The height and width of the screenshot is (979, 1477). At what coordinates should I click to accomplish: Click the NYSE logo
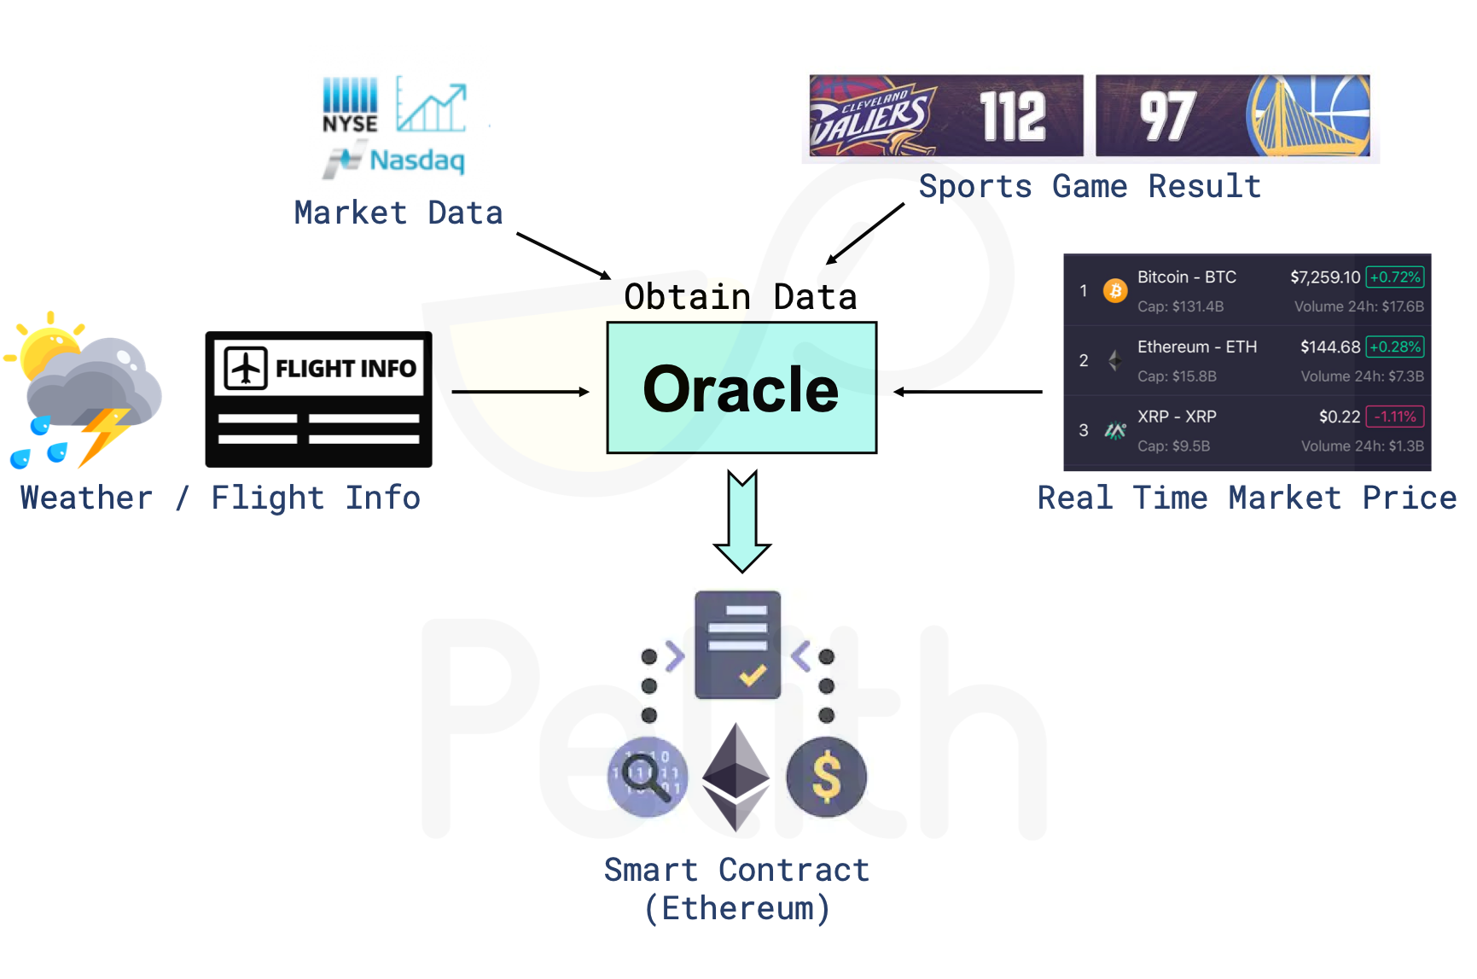[x=350, y=105]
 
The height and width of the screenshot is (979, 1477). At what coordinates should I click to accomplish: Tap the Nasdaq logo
[x=395, y=160]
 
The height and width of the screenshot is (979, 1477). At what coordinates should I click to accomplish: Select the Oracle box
[x=741, y=388]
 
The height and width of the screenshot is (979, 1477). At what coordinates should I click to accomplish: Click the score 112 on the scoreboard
[x=1012, y=116]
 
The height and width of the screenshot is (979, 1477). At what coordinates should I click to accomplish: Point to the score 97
[x=1167, y=116]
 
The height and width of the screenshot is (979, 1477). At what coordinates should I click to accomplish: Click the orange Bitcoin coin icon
[x=1114, y=291]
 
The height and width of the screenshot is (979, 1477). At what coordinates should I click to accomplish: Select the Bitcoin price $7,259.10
[x=1324, y=277]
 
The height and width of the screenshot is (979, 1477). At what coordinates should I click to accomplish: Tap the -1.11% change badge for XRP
[x=1395, y=417]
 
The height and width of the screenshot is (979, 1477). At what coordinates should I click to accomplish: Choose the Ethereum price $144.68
[x=1329, y=347]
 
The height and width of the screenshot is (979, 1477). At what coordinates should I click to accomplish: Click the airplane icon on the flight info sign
[x=246, y=368]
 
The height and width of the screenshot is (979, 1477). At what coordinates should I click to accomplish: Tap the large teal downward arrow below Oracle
[x=741, y=521]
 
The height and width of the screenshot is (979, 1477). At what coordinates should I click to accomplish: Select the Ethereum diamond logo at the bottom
[x=736, y=777]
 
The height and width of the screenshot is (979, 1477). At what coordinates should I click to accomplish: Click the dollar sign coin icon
[x=826, y=777]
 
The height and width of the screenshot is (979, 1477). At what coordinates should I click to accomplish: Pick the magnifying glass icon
[x=646, y=777]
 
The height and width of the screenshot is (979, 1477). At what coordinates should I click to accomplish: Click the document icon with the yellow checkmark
[x=737, y=644]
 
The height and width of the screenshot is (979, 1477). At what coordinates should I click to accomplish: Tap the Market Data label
[x=398, y=213]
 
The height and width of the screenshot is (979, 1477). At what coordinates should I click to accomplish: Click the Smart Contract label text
[x=736, y=871]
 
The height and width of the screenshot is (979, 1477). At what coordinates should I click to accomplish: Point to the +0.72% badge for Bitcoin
[x=1395, y=277]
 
